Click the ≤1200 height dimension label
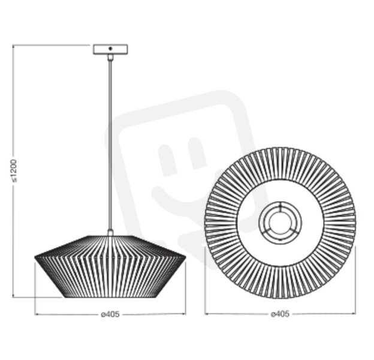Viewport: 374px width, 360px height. coord(14,170)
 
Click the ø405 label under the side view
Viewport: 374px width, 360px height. coord(110,314)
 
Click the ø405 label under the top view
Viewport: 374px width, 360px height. coord(280,314)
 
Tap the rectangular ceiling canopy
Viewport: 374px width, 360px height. coord(110,49)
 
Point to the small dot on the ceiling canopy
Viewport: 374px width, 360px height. coord(110,49)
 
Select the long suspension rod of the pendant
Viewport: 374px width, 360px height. coord(110,145)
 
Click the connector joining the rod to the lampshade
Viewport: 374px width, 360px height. coord(110,233)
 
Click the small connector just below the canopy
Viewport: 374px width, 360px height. coord(110,57)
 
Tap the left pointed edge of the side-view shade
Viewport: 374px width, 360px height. coord(35,257)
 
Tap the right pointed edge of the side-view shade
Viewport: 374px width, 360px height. coord(185,257)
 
